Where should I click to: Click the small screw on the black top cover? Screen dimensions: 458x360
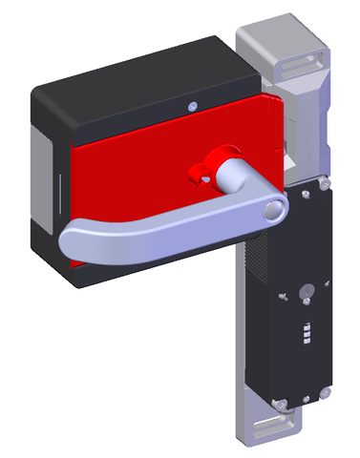(194, 105)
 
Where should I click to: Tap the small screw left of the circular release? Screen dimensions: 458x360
(283, 298)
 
